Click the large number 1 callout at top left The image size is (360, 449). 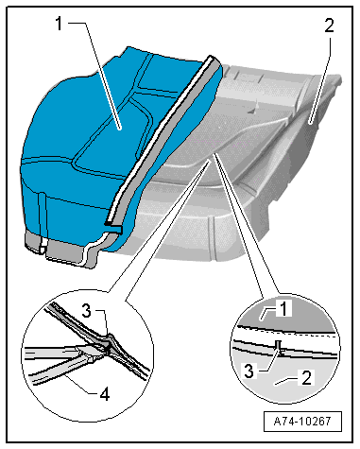59,24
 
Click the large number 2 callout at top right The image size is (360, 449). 329,26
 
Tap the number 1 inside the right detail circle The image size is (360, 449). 283,308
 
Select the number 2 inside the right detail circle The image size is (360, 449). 306,377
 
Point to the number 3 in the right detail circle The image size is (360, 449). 249,371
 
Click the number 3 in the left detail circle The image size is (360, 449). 87,310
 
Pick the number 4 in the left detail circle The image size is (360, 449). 105,394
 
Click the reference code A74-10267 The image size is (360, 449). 302,421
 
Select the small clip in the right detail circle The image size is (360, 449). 279,348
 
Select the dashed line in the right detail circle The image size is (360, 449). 285,330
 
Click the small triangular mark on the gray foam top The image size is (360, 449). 251,111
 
